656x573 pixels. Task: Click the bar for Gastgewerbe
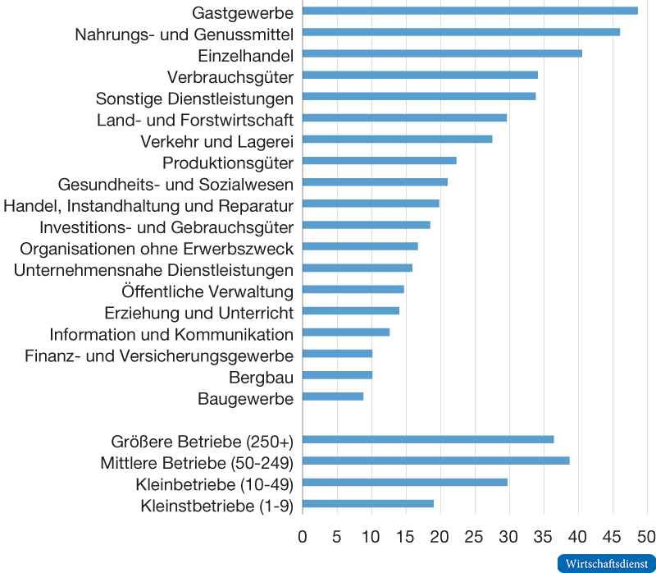pyautogui.click(x=470, y=11)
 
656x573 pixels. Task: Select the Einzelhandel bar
pyautogui.click(x=442, y=53)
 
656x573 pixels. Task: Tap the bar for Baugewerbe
pyautogui.click(x=333, y=397)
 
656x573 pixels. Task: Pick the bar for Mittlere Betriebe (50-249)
pyautogui.click(x=436, y=461)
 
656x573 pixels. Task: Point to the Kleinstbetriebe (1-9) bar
pyautogui.click(x=368, y=503)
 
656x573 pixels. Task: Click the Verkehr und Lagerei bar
pyautogui.click(x=398, y=139)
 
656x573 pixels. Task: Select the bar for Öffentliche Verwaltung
pyautogui.click(x=353, y=289)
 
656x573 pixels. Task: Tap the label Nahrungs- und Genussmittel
pyautogui.click(x=184, y=34)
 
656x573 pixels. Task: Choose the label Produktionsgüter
pyautogui.click(x=228, y=161)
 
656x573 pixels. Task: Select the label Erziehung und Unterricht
pyautogui.click(x=199, y=313)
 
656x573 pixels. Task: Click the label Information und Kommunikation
pyautogui.click(x=171, y=334)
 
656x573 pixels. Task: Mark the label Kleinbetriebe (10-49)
pyautogui.click(x=214, y=483)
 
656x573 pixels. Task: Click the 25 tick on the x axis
pyautogui.click(x=474, y=537)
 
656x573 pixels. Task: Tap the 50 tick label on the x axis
pyautogui.click(x=646, y=537)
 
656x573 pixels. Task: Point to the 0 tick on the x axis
pyautogui.click(x=303, y=537)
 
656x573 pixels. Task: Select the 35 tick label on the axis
pyautogui.click(x=543, y=537)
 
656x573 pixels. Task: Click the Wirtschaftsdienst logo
pyautogui.click(x=605, y=563)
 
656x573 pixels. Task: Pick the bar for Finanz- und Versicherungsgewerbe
pyautogui.click(x=338, y=354)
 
